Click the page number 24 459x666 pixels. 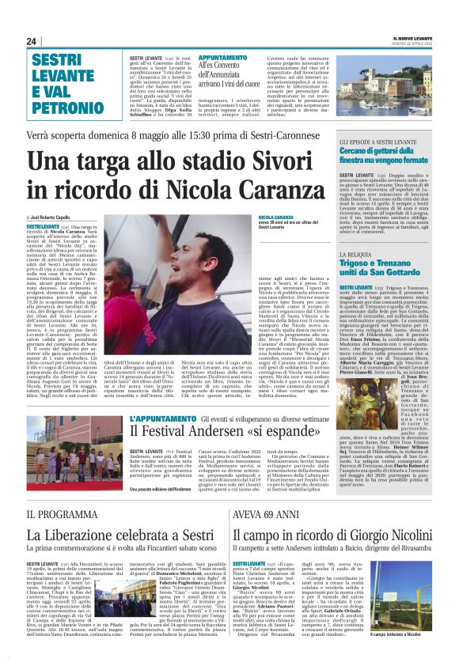coord(31,41)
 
